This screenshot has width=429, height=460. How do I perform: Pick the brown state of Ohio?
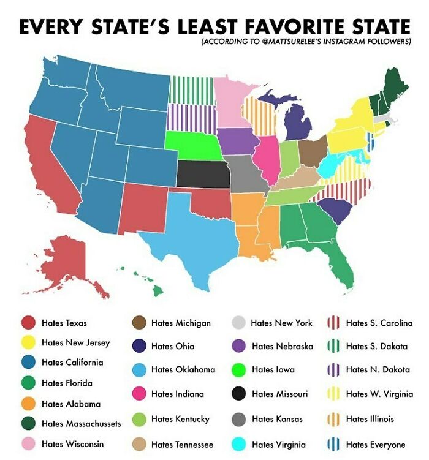click(x=313, y=151)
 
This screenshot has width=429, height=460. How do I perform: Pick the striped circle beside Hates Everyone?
click(x=335, y=444)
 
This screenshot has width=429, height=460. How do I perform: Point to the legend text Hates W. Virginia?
click(x=379, y=394)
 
